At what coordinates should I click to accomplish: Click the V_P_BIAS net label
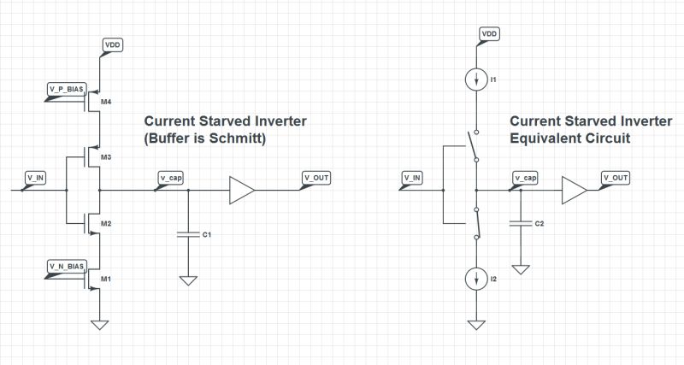[65, 89]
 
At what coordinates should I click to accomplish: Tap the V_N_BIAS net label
[65, 267]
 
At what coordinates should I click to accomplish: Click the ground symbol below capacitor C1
[186, 280]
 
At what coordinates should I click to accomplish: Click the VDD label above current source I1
[489, 33]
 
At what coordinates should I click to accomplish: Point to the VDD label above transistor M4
[112, 43]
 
